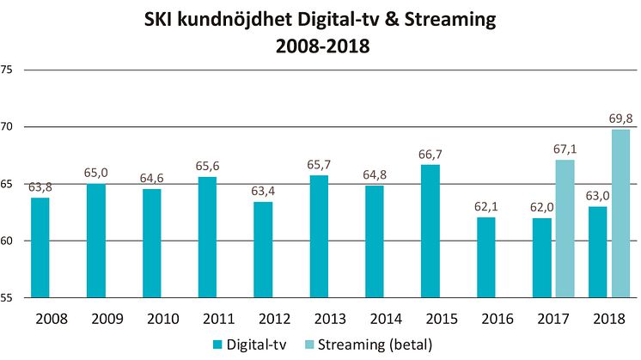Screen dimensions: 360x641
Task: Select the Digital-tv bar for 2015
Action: click(x=430, y=231)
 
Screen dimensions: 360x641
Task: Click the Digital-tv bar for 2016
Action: click(x=486, y=257)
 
